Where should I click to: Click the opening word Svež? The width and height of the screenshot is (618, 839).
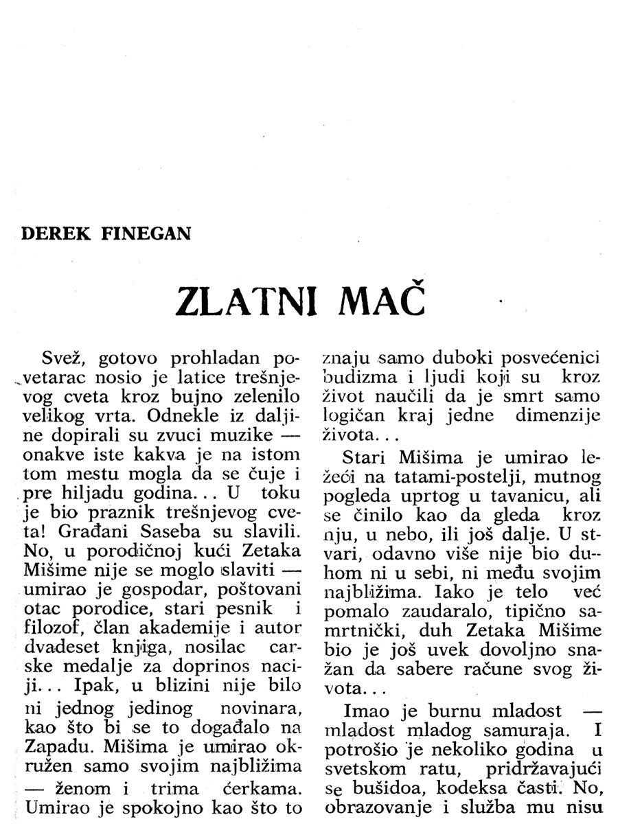click(x=64, y=359)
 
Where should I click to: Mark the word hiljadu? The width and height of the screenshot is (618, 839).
click(x=100, y=493)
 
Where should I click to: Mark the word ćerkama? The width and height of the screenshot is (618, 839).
click(x=265, y=788)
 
